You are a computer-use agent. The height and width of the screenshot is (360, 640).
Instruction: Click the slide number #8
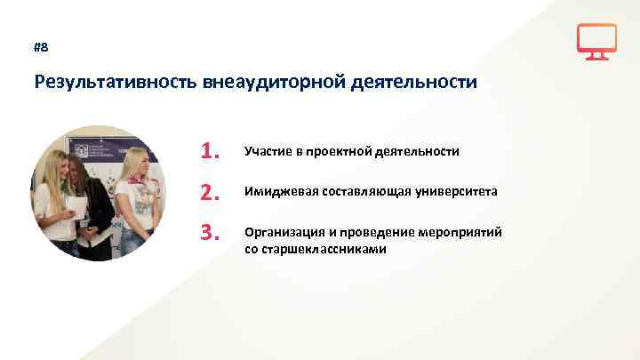coord(41,47)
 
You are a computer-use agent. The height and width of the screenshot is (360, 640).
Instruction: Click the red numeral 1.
coord(210,151)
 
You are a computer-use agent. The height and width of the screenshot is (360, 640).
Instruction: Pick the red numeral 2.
coord(210,192)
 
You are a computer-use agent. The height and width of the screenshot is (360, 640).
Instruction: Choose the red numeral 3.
coord(210,233)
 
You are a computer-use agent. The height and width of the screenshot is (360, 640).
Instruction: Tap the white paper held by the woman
coord(78,208)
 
